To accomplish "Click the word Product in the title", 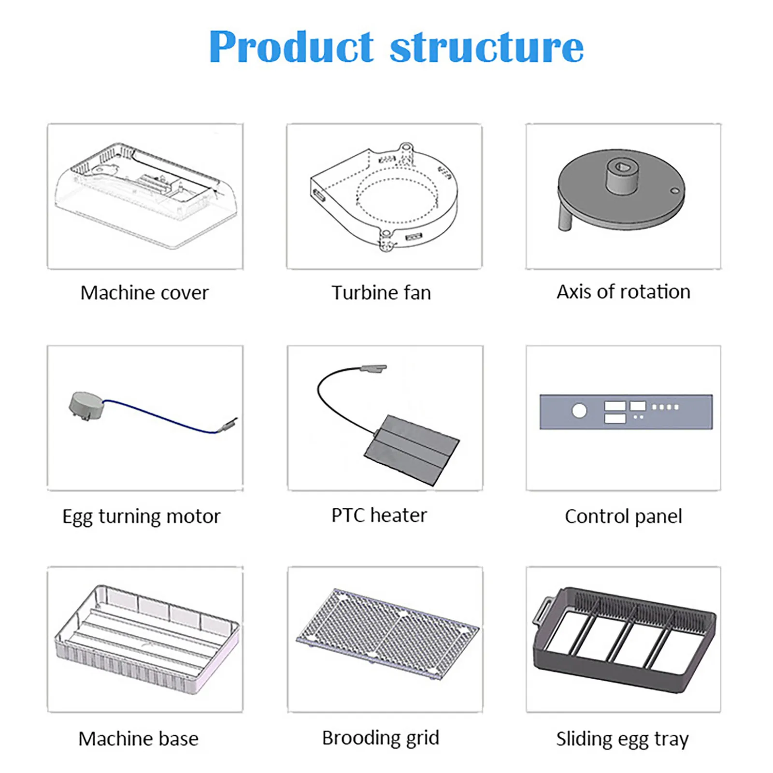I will click(x=291, y=47).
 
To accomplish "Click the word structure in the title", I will click(x=487, y=47).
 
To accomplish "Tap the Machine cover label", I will click(x=144, y=293).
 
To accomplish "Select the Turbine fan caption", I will click(x=381, y=293).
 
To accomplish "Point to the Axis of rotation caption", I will click(x=623, y=292).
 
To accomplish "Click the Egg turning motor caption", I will click(x=141, y=516).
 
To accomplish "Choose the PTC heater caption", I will click(x=379, y=515).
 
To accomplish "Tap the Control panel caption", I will click(x=623, y=516).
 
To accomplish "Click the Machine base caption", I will click(x=138, y=739).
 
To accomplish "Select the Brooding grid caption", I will click(x=381, y=738).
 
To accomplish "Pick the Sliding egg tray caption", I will click(x=622, y=739).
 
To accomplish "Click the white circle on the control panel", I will click(x=579, y=411).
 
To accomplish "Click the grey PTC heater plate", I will click(x=412, y=449).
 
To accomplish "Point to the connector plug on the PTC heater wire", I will click(x=373, y=369).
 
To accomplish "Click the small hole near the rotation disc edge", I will click(x=675, y=191).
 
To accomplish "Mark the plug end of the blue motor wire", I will click(x=229, y=424).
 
